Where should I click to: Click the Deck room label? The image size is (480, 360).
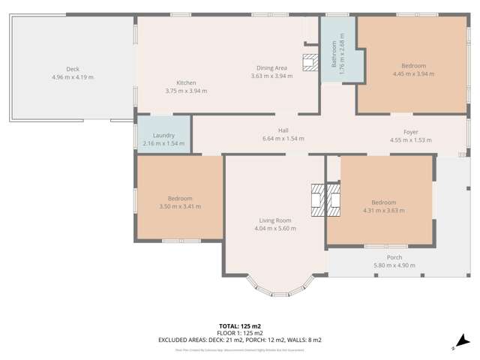point(73,69)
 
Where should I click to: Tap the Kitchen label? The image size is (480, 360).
point(186,82)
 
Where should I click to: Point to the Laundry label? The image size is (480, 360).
point(163,135)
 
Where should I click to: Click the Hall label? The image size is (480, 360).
point(283,130)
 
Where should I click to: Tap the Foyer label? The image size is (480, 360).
point(410,132)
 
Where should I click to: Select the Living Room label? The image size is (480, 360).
point(275,220)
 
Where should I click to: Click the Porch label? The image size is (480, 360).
point(394,257)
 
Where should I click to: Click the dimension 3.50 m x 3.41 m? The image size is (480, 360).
point(180,206)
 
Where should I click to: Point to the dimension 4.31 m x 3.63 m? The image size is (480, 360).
point(388,210)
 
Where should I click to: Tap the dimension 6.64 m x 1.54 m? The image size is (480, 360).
point(283,139)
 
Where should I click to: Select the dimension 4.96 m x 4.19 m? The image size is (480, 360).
point(73,76)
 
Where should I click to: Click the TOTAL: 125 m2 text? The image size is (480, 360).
point(239,327)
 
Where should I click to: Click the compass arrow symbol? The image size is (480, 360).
point(464,340)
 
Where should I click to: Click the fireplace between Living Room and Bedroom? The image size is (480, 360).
point(325,199)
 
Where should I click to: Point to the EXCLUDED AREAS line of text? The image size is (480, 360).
point(239,340)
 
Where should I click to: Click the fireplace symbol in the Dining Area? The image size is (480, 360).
point(310,62)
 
